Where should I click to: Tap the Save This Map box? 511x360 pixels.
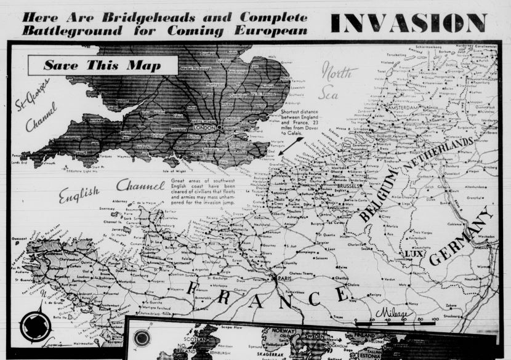click(103, 65)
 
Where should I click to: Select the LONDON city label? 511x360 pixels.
click(204, 127)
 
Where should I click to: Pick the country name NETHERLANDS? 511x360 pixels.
click(438, 154)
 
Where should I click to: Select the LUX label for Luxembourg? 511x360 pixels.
click(411, 253)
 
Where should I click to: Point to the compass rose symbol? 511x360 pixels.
click(31, 327)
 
